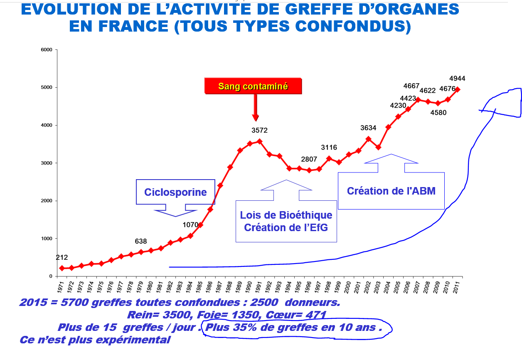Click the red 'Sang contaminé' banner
(253, 86)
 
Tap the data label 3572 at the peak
(259, 131)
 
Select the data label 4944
(457, 79)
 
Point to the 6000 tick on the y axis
(46, 50)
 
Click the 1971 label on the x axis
(60, 286)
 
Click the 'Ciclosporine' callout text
(175, 192)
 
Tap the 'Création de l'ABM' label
(391, 191)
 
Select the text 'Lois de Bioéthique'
(286, 215)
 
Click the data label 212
(62, 258)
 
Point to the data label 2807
(309, 159)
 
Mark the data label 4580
(438, 112)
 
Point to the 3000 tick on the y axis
(46, 163)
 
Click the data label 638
(141, 242)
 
